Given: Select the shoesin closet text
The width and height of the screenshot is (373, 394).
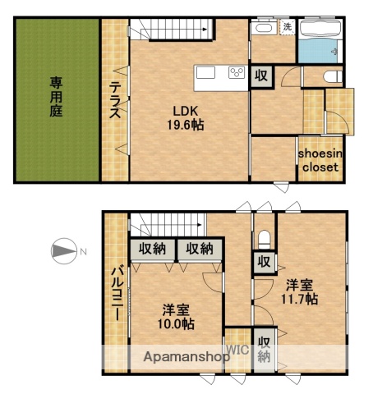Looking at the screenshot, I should [x=318, y=159].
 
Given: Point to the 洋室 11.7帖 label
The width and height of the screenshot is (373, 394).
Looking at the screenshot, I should [x=301, y=292].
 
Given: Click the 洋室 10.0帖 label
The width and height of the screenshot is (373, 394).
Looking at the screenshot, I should [x=177, y=317].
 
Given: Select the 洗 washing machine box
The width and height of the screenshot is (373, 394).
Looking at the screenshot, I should [x=287, y=27].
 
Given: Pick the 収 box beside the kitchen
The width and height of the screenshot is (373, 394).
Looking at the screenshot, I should [x=260, y=76].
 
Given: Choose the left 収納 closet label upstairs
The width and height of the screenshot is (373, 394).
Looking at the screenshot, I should [x=152, y=249].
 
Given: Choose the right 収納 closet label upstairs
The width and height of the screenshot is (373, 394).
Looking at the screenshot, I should [x=199, y=249].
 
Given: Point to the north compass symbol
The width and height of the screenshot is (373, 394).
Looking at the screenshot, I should [x=64, y=251].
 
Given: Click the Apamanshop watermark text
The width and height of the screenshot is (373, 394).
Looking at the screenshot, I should [x=186, y=357].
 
